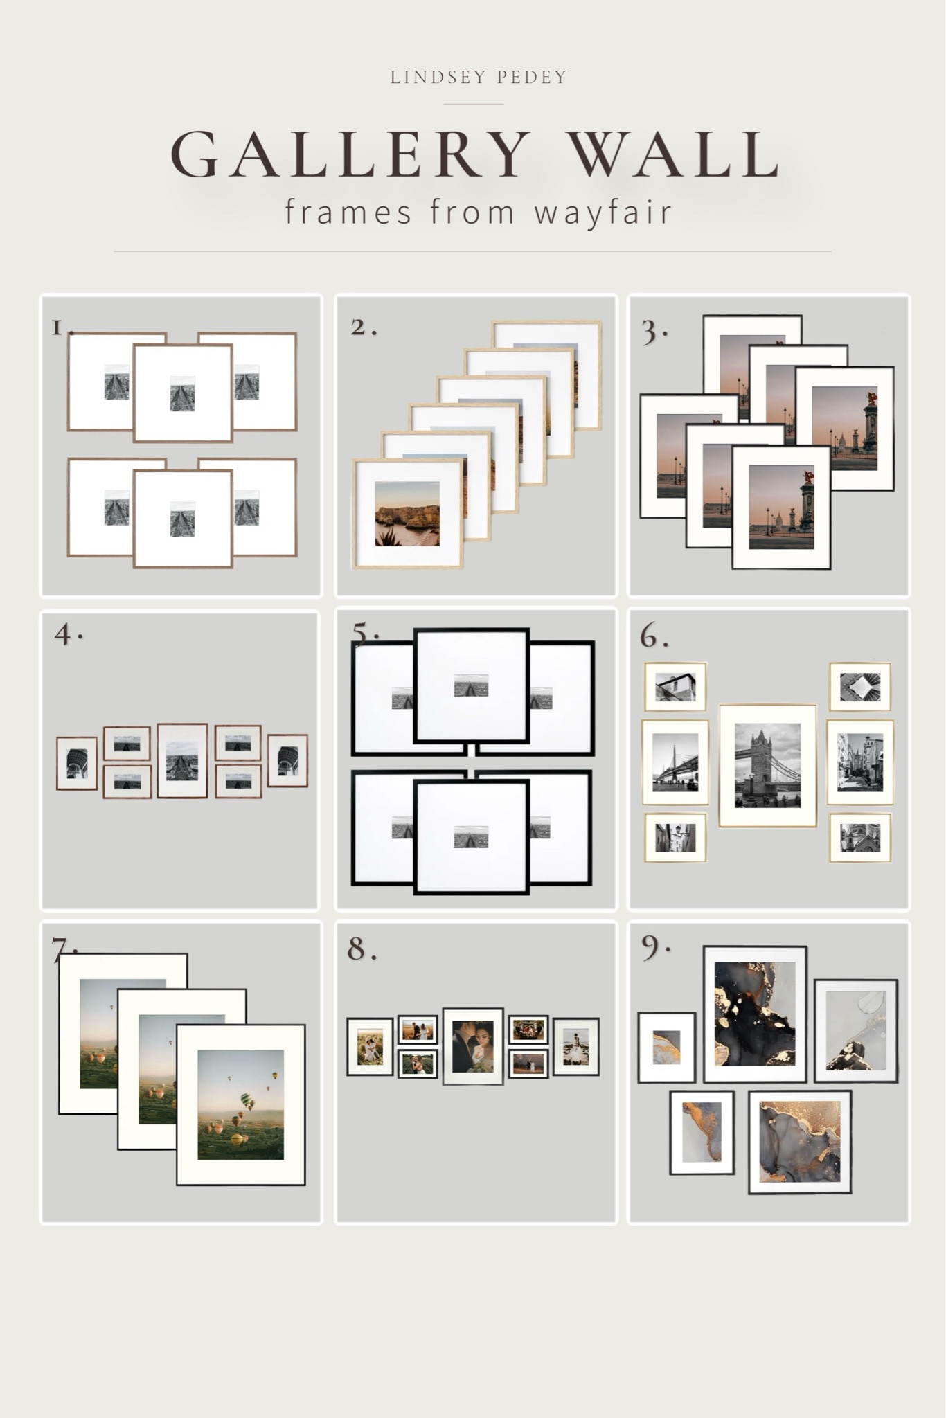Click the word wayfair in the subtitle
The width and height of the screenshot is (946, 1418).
[603, 212]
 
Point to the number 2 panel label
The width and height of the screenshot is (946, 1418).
[361, 327]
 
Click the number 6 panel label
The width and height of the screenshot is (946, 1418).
[652, 636]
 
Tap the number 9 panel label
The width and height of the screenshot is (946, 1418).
[652, 949]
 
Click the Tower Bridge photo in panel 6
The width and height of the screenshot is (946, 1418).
[767, 765]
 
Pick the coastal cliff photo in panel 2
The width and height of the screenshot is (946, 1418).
[407, 514]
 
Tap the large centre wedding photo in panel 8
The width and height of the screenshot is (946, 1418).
[473, 1045]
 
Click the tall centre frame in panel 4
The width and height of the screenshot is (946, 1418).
[183, 760]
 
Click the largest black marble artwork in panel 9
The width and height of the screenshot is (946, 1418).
[754, 1014]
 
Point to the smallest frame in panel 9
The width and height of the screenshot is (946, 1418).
[666, 1047]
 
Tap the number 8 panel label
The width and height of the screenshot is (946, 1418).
[359, 949]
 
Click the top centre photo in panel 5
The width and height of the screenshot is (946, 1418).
[471, 685]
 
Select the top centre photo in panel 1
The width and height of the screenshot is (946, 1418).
[182, 393]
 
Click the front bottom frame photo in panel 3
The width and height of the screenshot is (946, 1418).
[781, 507]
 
